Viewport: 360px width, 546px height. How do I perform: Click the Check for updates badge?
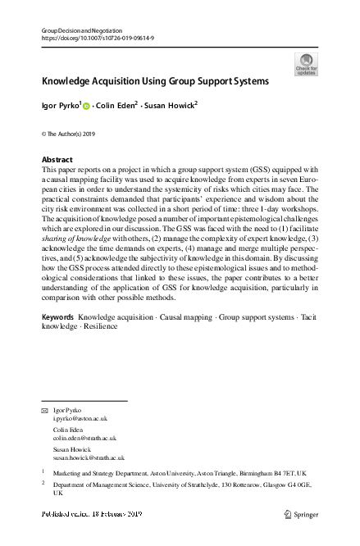pos(305,64)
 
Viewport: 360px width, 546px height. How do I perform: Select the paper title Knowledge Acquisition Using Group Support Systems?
pos(155,82)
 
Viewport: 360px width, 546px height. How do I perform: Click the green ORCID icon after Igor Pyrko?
pos(85,107)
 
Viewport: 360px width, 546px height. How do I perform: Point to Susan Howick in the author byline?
pos(172,107)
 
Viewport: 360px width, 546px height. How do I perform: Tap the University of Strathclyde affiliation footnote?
pos(180,489)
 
